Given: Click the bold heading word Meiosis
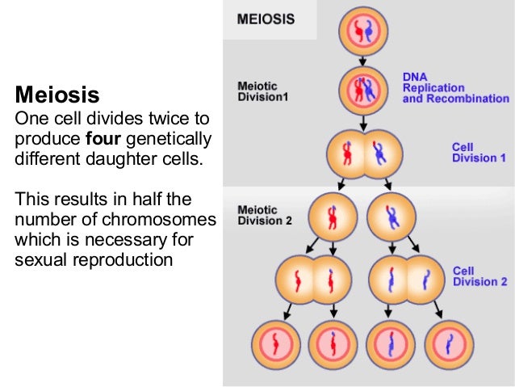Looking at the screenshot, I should coord(57,95).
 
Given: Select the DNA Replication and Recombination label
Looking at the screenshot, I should coord(456,87).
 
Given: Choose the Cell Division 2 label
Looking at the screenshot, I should coord(480,276).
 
